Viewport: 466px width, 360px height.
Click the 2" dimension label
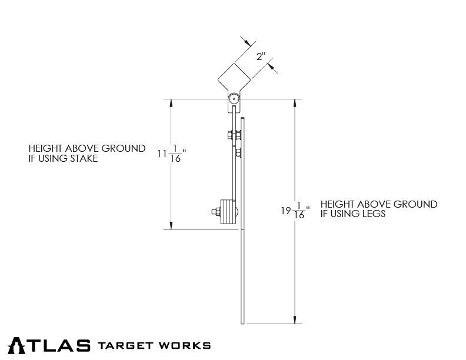pos(261,57)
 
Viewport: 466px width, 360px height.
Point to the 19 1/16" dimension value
pos(294,210)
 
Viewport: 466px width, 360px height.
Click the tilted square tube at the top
pos(234,79)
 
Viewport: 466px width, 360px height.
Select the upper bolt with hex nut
pos(231,135)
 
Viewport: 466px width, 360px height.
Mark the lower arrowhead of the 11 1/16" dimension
pos(171,225)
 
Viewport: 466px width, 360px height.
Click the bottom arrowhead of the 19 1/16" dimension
pos(294,319)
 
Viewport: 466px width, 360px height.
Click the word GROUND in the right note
pos(415,205)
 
